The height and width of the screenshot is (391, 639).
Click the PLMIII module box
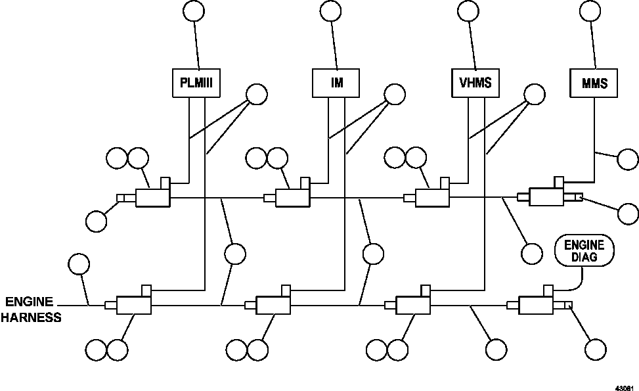point(196,83)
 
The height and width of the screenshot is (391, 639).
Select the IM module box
point(336,83)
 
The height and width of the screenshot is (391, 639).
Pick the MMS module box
point(594,83)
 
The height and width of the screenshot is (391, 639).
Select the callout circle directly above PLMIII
point(193,11)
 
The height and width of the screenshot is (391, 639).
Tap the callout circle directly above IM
point(330,11)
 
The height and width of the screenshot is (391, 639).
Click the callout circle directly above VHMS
point(468,11)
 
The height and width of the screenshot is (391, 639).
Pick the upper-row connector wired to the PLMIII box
point(152,196)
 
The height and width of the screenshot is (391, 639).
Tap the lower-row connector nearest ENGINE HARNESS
point(133,304)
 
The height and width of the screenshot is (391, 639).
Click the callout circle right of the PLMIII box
point(256,95)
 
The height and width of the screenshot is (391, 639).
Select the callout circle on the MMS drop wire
point(628,159)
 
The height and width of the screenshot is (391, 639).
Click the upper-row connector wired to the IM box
point(292,196)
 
